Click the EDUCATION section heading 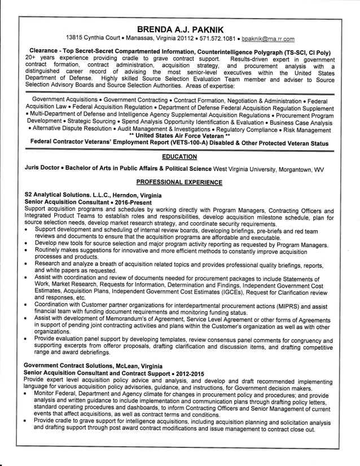[x=179, y=156]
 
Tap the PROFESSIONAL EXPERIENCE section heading [x=179, y=182]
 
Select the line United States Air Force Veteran [x=179, y=136]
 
